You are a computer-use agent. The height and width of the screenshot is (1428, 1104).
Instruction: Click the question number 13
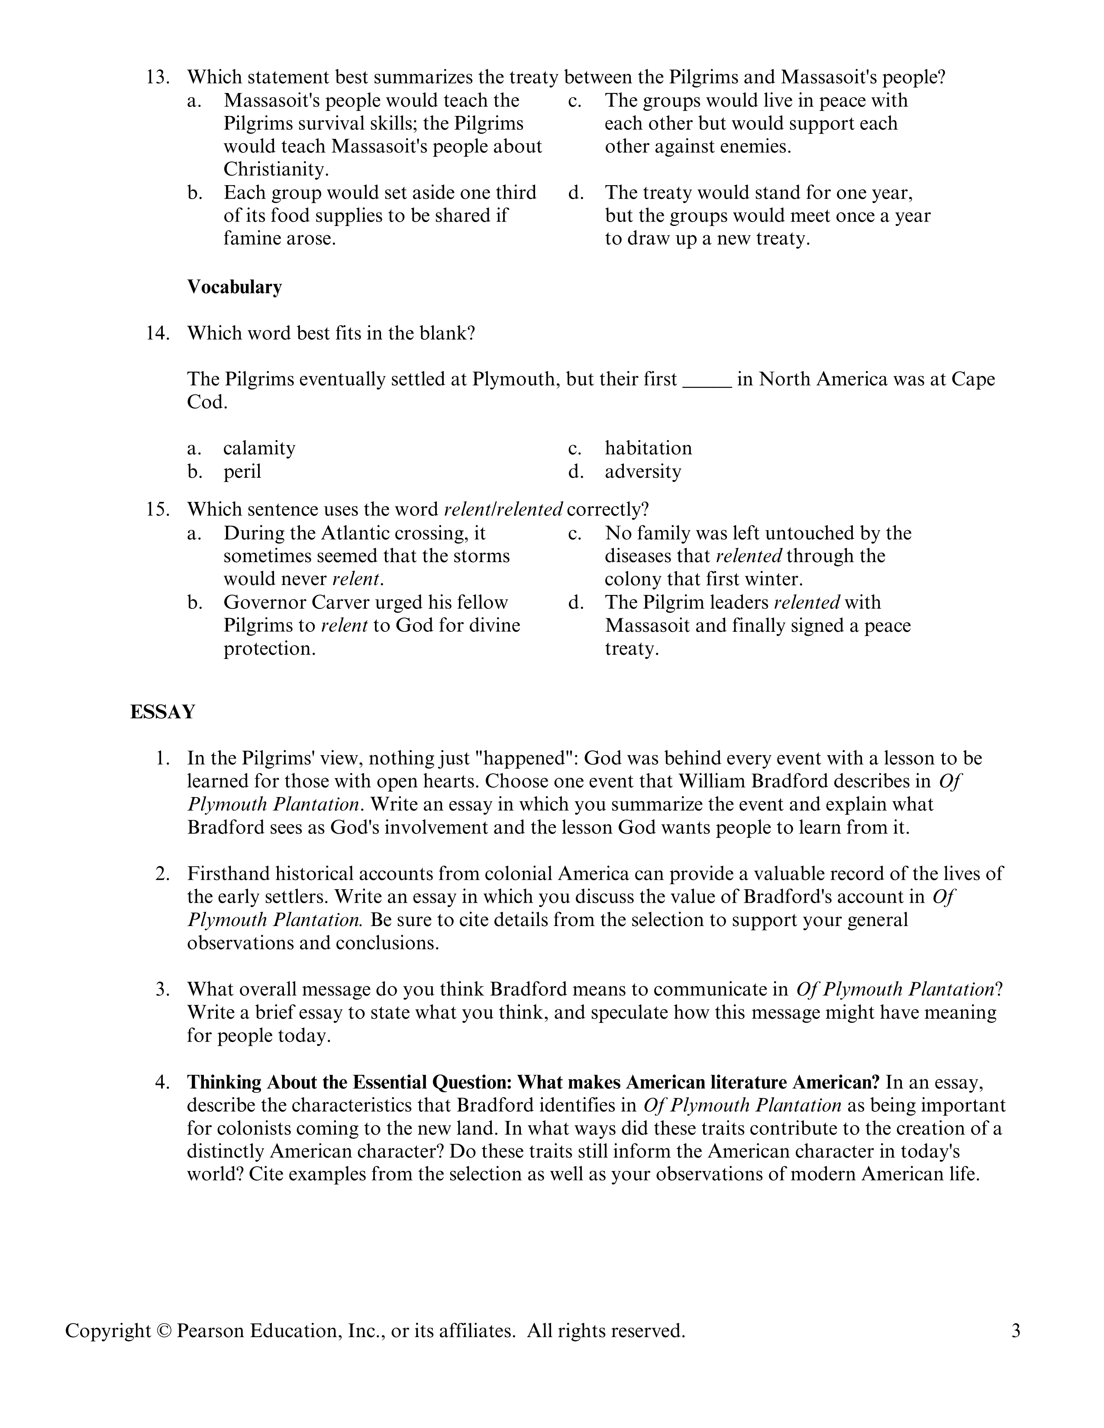click(x=157, y=78)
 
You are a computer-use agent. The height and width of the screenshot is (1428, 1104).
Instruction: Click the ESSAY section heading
click(x=162, y=712)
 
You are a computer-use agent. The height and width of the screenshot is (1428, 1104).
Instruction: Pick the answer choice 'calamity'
click(x=259, y=449)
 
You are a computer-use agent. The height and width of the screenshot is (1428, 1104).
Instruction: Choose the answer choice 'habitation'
click(x=648, y=449)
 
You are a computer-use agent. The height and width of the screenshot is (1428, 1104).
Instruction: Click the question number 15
click(x=157, y=509)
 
